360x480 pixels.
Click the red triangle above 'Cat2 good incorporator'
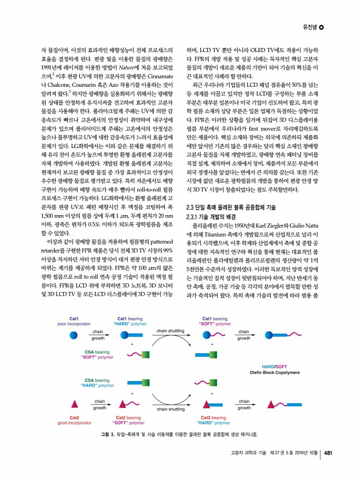(74, 403)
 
